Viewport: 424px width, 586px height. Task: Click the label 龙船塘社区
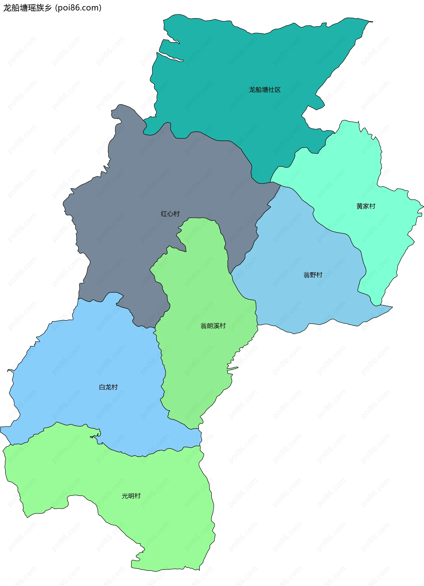pos(265,90)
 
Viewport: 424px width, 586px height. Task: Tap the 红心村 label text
pos(170,214)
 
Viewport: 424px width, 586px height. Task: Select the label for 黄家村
pos(366,206)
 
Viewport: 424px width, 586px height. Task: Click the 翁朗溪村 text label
pos(213,326)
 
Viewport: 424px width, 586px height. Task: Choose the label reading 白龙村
pos(108,387)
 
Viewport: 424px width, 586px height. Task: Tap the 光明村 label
pos(131,496)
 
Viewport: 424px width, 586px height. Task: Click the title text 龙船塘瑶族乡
pos(27,8)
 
